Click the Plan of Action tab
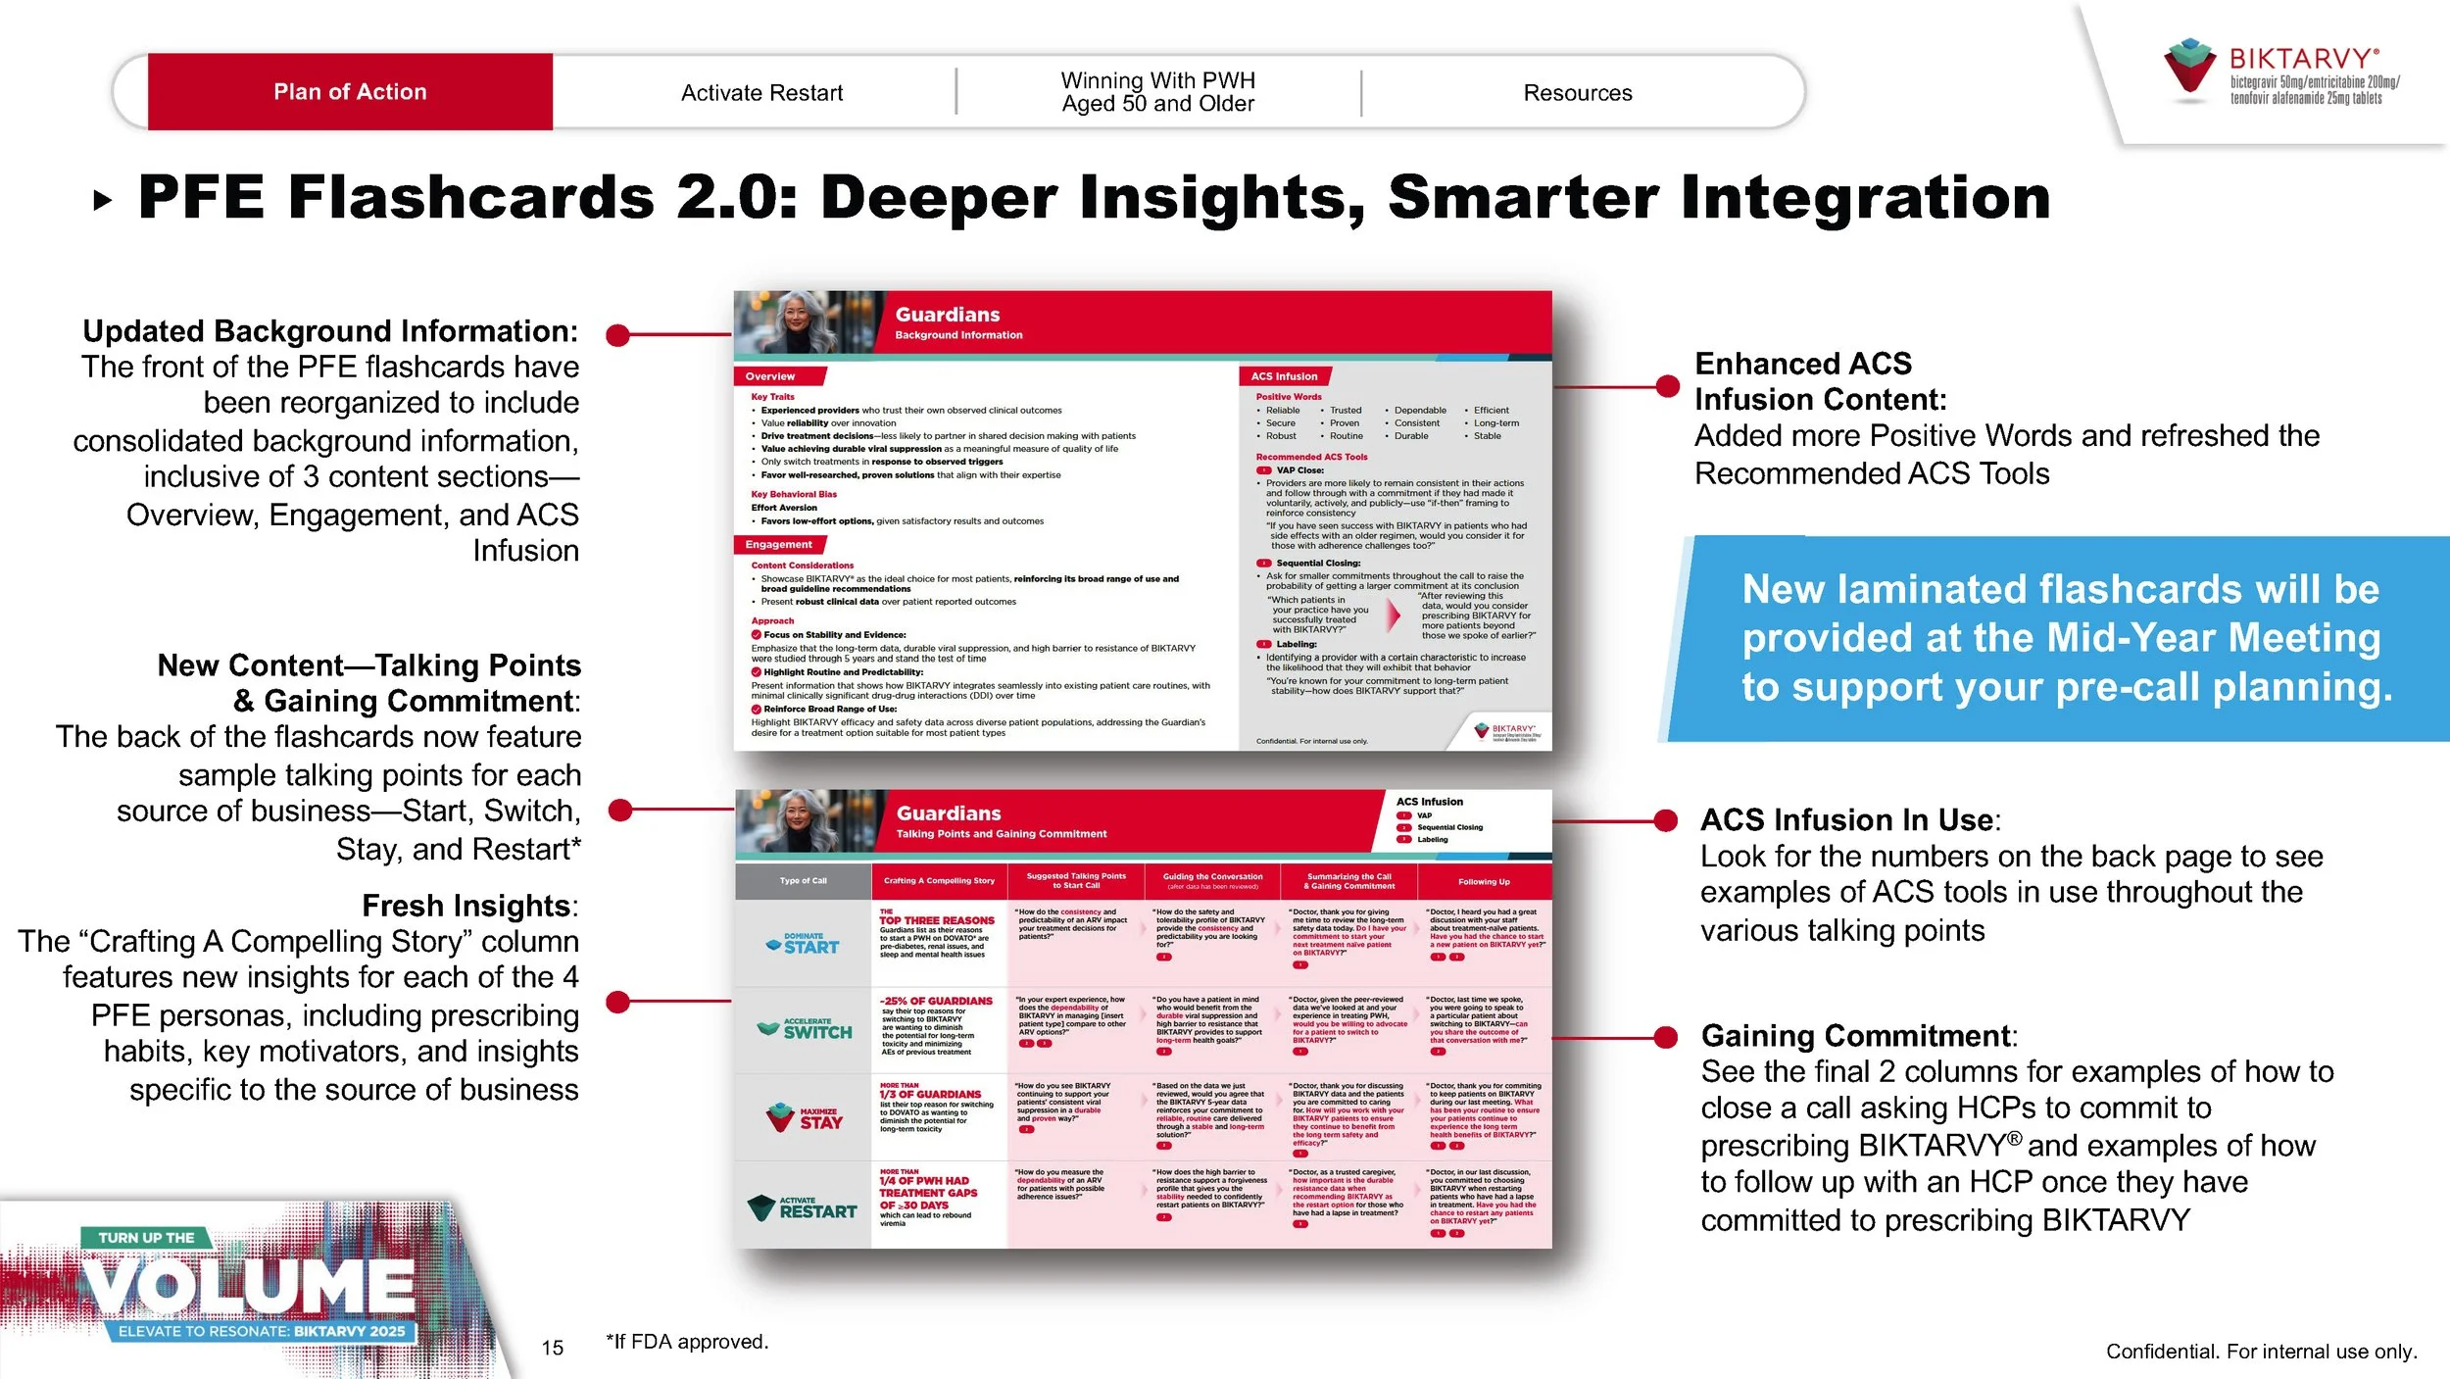(x=350, y=92)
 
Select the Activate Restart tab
(x=761, y=93)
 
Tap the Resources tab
(x=1577, y=93)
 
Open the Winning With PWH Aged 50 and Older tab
(x=1157, y=92)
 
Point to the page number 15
(x=553, y=1348)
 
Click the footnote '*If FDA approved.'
(x=687, y=1342)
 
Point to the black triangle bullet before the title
(x=102, y=202)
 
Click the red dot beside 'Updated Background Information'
(x=617, y=336)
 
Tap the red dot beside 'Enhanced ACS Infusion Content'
(x=1667, y=386)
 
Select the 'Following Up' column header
(x=1484, y=881)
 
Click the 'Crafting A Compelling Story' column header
(x=939, y=881)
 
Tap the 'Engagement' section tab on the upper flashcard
(x=778, y=545)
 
